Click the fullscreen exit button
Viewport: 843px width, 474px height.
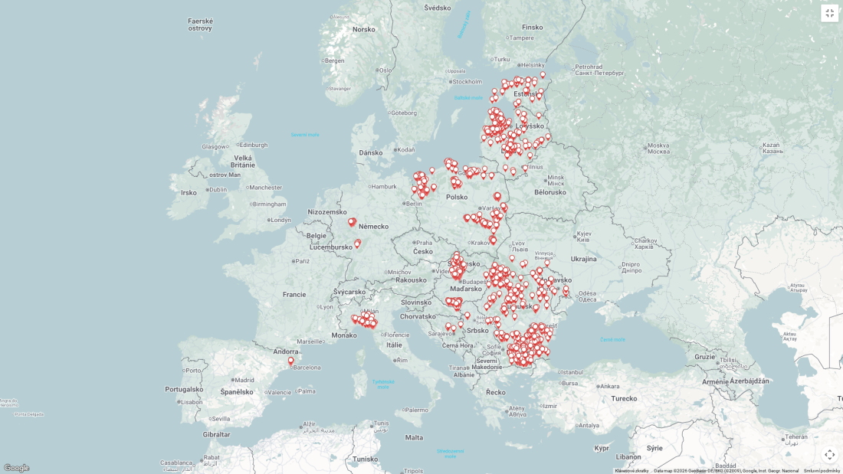coord(830,13)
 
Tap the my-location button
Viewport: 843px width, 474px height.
coord(830,454)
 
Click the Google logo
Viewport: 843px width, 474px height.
coord(16,468)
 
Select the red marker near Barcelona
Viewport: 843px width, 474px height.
coord(290,361)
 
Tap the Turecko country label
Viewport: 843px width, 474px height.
coord(624,398)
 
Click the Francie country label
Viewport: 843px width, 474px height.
coord(294,294)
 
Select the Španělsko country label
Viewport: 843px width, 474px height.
coord(236,392)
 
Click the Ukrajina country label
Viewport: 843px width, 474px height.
coord(583,259)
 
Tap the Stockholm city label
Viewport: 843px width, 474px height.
coord(467,81)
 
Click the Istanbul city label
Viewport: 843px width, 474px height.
coord(572,372)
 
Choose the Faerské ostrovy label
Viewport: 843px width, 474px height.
coord(200,25)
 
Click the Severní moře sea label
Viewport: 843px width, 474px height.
coord(304,135)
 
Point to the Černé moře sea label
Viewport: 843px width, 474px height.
coord(612,339)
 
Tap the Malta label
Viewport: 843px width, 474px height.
coord(414,437)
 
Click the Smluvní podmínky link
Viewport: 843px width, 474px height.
coord(822,471)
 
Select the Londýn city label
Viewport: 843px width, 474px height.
coord(280,220)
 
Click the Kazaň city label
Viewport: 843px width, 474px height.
coord(771,148)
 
